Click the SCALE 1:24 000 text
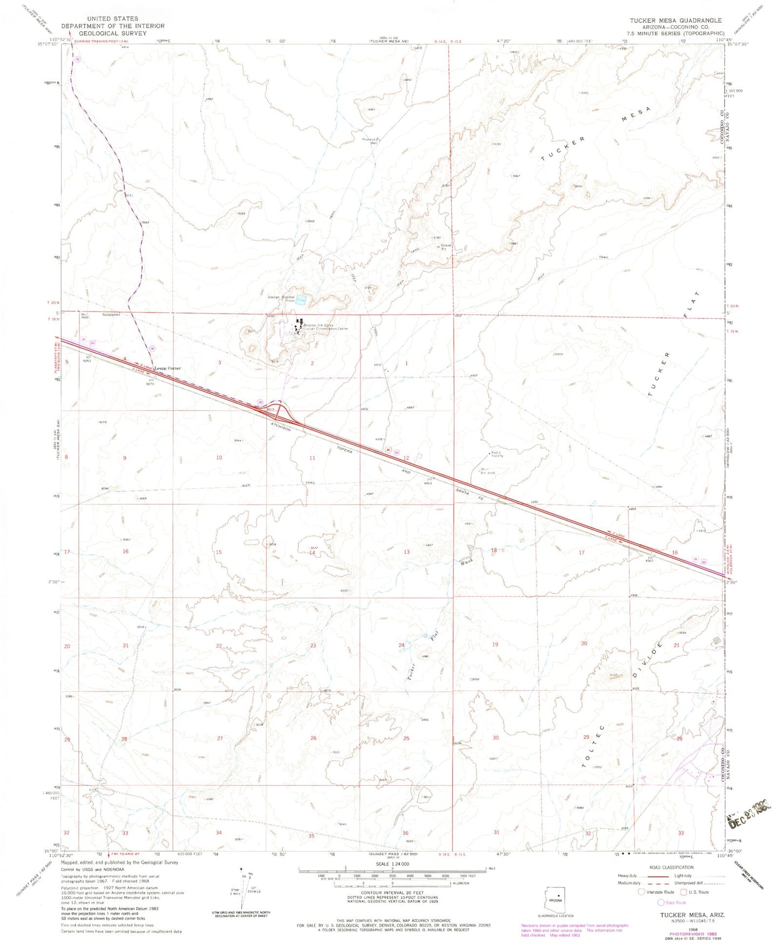click(393, 880)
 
